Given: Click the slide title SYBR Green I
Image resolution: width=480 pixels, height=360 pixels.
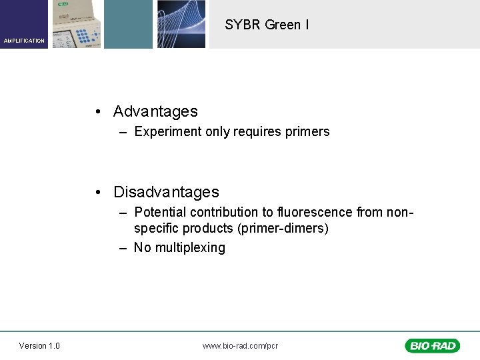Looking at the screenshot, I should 267,25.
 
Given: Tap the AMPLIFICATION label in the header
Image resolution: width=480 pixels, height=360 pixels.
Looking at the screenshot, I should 24,41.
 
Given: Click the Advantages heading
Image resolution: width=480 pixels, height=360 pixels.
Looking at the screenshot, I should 155,111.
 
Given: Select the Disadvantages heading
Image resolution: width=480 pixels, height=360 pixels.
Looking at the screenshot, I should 166,192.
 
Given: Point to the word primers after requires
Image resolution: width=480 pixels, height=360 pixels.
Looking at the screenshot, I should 307,131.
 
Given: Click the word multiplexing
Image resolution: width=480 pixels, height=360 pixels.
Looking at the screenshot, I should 190,247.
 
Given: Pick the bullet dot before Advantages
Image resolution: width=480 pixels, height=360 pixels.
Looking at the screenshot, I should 98,112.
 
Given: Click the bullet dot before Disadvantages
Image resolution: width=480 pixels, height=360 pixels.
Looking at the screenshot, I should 98,193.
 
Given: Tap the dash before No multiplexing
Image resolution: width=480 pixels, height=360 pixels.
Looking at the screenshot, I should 123,247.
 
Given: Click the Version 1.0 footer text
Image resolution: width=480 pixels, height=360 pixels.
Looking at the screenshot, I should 39,345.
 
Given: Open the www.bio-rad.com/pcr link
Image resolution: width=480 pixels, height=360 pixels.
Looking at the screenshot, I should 240,345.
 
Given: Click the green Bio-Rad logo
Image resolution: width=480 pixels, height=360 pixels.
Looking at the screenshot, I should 432,345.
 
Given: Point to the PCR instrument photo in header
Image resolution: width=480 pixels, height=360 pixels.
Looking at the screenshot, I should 76,24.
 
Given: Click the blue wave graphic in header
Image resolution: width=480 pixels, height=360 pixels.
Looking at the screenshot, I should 181,24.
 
